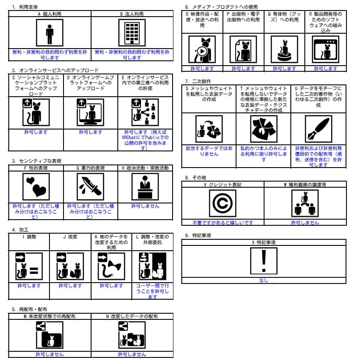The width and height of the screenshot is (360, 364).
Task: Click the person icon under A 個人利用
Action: pos(49,33)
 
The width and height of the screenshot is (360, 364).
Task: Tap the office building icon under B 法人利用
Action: pos(132,33)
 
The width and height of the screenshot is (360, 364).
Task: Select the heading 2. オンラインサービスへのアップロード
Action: pos(55,70)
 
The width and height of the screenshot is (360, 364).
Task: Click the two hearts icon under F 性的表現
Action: pos(36,186)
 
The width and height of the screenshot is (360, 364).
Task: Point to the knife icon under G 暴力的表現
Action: pos(90,186)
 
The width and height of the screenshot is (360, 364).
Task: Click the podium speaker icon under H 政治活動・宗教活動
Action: pos(145,186)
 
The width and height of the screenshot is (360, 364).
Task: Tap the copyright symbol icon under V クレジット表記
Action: pos(222,203)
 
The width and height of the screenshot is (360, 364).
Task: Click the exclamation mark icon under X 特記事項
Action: pos(264,261)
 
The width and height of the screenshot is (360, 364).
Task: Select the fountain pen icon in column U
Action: pos(318,129)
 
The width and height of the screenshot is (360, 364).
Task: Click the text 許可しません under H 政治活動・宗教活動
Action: pos(145,206)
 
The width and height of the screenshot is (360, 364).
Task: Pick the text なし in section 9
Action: pos(264,280)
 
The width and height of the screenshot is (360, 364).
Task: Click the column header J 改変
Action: pos(70,237)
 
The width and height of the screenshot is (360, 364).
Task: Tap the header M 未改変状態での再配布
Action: pos(49,316)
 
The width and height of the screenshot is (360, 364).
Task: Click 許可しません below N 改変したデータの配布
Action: pos(132,354)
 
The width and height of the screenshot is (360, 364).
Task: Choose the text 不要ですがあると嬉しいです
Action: pos(222,223)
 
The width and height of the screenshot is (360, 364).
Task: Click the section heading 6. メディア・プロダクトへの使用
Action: pos(221,7)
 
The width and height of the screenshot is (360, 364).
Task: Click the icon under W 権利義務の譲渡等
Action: pos(305,203)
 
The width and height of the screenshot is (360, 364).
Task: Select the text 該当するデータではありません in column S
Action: pos(209,151)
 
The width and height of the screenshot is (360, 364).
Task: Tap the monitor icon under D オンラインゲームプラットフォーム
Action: pos(90,112)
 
